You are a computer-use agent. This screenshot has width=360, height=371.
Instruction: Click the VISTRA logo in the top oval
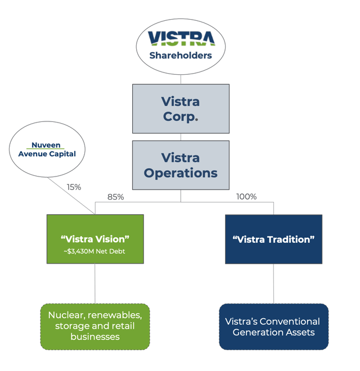(x=180, y=38)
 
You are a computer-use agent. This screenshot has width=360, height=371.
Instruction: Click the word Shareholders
(x=180, y=56)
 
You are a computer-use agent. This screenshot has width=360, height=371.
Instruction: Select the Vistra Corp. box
(x=181, y=108)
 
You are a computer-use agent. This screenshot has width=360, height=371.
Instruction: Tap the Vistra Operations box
(x=181, y=165)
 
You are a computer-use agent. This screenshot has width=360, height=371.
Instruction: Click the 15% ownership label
(x=74, y=187)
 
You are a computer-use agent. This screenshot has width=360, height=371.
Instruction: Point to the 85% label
(x=115, y=197)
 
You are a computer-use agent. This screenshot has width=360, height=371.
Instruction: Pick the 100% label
(x=246, y=197)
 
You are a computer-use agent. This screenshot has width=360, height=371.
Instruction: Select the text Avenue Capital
(x=46, y=154)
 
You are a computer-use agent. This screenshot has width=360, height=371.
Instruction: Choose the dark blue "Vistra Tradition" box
(x=273, y=239)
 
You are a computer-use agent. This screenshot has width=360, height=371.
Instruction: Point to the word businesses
(x=94, y=337)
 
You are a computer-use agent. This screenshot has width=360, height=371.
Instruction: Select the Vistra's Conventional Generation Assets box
(x=273, y=327)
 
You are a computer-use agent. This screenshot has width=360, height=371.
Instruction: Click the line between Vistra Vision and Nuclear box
(x=94, y=284)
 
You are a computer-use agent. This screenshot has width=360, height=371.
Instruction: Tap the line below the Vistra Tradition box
(x=274, y=284)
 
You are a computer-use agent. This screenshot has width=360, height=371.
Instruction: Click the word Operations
(x=181, y=173)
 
